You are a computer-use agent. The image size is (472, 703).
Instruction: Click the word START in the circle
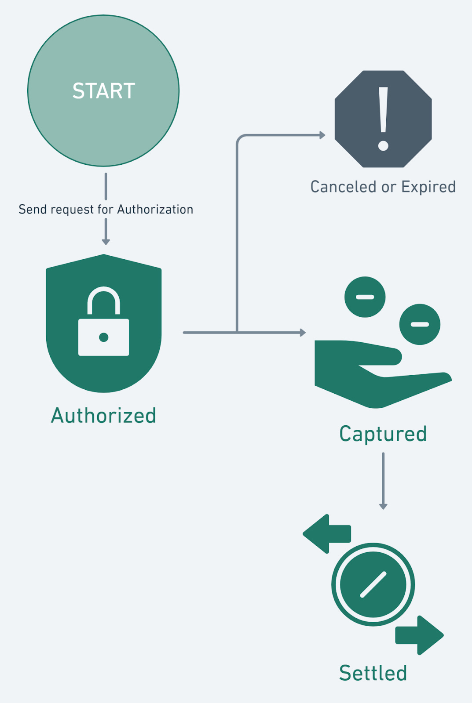(104, 91)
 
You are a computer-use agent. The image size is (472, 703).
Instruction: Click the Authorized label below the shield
(104, 416)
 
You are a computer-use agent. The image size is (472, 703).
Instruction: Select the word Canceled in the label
(344, 187)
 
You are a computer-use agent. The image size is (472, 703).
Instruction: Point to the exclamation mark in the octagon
(383, 119)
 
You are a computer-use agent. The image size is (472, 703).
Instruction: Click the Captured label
(383, 434)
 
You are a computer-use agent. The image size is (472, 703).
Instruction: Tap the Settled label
(373, 673)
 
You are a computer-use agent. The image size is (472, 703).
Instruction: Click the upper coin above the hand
(365, 297)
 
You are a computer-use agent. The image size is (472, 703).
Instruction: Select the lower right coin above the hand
(420, 324)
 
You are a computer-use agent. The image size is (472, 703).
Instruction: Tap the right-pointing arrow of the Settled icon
(420, 635)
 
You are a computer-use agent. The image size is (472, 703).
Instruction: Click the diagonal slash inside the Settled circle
(373, 585)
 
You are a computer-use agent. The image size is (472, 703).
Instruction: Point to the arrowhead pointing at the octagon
(322, 135)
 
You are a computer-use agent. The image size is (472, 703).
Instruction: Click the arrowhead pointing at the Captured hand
(303, 333)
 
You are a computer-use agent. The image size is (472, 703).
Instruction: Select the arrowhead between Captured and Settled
(383, 507)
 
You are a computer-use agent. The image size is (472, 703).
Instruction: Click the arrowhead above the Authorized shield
(106, 242)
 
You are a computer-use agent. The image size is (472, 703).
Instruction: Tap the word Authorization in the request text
(155, 210)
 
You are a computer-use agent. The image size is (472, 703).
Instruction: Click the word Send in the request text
(33, 210)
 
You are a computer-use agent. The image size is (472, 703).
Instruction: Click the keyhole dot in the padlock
(104, 337)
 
